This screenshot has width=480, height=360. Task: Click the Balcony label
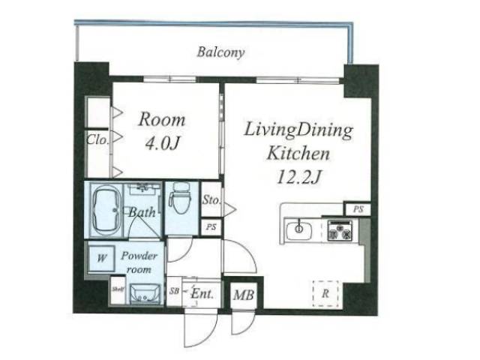point(220,52)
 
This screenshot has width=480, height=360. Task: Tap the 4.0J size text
point(162,143)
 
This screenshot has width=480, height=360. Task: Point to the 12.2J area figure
point(298,177)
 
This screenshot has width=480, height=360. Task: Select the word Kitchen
point(298,153)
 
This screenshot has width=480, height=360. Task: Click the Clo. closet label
point(97,140)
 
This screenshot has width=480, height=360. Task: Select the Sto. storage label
point(211,200)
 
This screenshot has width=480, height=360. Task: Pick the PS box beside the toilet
point(211,227)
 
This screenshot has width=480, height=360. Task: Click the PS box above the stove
point(358,209)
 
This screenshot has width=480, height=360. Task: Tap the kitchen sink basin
point(299,229)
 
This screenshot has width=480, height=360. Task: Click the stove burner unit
point(340,230)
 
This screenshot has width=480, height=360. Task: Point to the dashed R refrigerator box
point(325,293)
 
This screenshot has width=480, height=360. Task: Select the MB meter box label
point(244,295)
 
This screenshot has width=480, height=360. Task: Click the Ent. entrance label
point(202,294)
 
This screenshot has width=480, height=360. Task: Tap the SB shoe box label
point(174,291)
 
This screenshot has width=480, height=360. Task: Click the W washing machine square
point(101,258)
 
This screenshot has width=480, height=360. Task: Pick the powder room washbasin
point(145,294)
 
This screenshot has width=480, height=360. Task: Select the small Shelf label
point(118,289)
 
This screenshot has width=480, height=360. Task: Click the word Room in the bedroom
point(162,120)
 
